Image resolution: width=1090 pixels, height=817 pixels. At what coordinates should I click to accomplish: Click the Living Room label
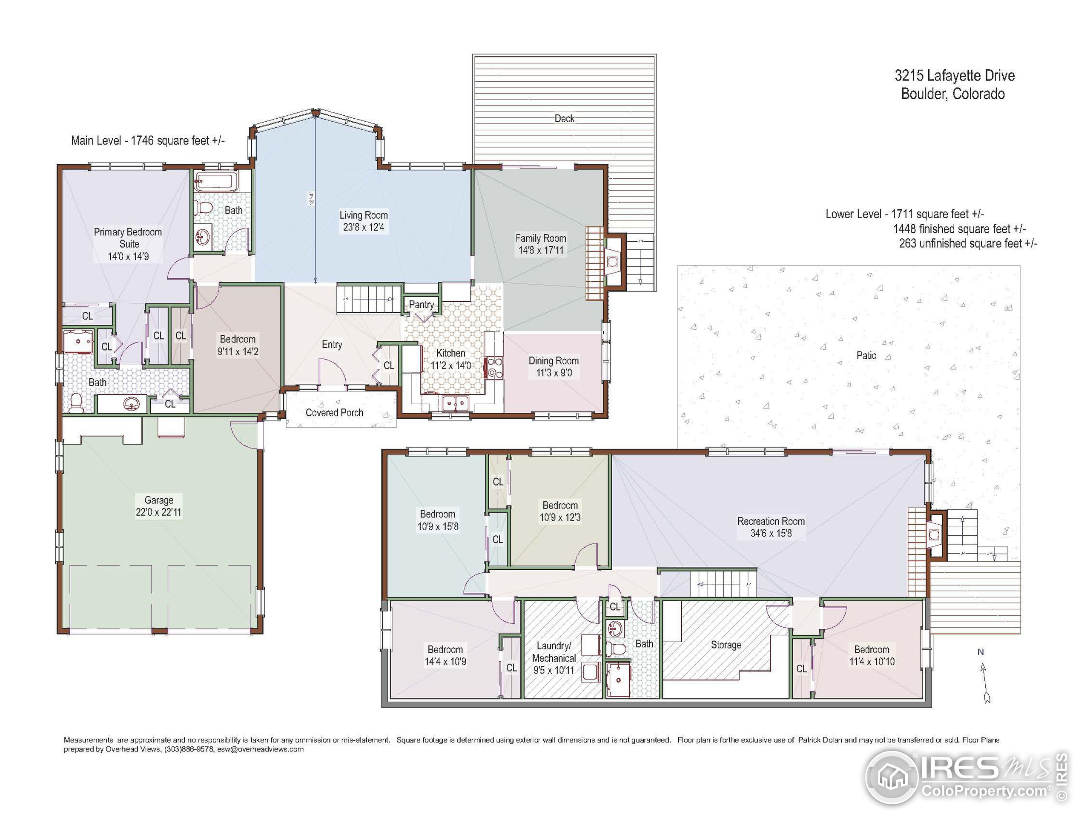tap(364, 215)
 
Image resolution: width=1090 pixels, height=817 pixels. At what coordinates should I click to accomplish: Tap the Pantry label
tap(422, 305)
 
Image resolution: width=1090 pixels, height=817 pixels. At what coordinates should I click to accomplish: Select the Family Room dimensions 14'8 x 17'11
tap(541, 250)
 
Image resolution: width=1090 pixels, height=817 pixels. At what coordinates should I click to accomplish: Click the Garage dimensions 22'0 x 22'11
tap(159, 512)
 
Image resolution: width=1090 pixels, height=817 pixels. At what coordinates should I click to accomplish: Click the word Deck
tap(564, 119)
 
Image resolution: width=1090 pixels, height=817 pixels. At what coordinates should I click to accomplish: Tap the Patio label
tap(866, 356)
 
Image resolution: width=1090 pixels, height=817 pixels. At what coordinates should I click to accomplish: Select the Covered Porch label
tap(335, 413)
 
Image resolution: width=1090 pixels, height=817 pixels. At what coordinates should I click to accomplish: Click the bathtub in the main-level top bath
tap(216, 182)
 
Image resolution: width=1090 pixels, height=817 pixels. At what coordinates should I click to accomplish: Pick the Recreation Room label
tap(771, 521)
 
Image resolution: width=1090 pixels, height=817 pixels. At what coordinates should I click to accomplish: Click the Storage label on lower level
tap(726, 645)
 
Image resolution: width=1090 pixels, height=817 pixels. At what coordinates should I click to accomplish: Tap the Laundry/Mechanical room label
tap(554, 652)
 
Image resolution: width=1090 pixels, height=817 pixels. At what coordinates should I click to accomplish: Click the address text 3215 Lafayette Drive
tap(955, 76)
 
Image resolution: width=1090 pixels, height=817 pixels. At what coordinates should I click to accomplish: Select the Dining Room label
tap(554, 361)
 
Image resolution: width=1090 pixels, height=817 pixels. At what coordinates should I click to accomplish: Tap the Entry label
tap(332, 345)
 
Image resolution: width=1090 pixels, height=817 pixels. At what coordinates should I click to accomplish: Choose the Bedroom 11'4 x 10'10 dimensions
tap(872, 662)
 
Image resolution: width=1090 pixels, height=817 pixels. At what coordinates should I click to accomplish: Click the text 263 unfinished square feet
tap(968, 244)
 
